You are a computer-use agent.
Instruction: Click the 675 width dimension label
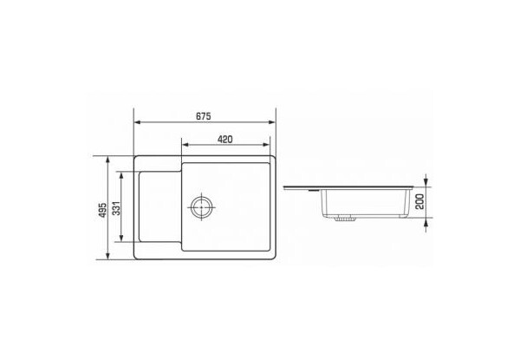click(204, 116)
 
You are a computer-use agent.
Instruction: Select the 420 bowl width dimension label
click(224, 140)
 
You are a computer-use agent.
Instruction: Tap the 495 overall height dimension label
click(103, 210)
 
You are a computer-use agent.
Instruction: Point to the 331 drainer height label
click(116, 207)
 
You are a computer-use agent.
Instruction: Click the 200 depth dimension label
click(419, 202)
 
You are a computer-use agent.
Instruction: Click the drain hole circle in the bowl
click(201, 206)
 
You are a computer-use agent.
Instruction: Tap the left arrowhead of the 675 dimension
click(138, 122)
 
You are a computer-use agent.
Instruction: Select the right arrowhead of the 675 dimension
click(271, 122)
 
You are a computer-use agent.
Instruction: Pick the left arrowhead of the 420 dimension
click(185, 145)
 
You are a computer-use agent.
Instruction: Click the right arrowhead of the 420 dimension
click(266, 145)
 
